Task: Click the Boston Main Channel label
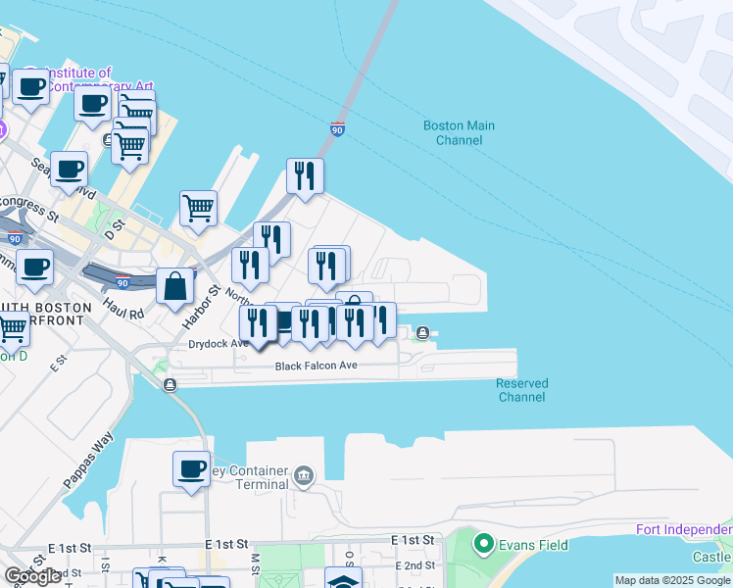(x=459, y=132)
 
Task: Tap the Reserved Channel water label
(x=521, y=390)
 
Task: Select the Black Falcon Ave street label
(x=316, y=366)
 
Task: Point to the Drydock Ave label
(x=219, y=344)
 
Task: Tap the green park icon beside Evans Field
(x=482, y=543)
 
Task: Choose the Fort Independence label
(x=683, y=530)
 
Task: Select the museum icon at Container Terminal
(x=305, y=476)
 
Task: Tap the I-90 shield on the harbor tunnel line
(x=337, y=128)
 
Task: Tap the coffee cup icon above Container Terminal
(x=191, y=467)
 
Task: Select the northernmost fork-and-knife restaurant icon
(x=305, y=175)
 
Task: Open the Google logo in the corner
(x=33, y=576)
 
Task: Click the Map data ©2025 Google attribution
(x=671, y=580)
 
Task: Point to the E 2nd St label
(x=415, y=565)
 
